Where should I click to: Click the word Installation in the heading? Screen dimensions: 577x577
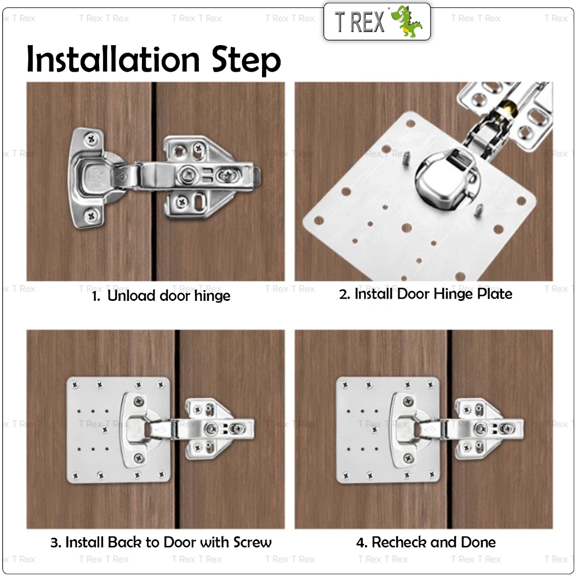[113, 59]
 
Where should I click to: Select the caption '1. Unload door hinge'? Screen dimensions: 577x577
[161, 295]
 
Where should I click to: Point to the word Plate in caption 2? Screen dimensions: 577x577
[495, 294]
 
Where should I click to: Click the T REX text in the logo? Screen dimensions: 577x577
[359, 22]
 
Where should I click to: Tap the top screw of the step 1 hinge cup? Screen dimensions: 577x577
[91, 139]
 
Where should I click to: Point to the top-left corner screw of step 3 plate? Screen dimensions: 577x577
[76, 385]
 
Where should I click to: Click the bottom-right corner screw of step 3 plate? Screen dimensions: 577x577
[161, 475]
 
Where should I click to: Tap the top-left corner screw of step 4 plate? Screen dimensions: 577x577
[345, 385]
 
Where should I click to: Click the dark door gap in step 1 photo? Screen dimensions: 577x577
[154, 181]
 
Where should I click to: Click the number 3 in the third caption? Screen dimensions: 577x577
[55, 543]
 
